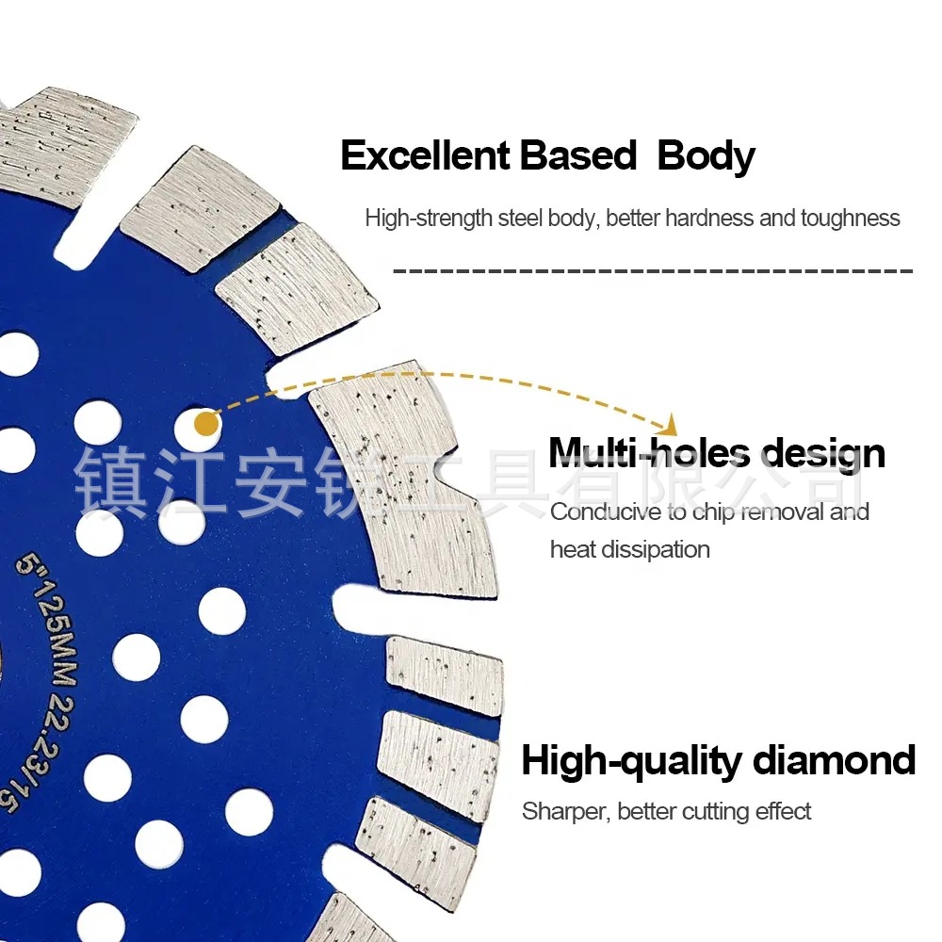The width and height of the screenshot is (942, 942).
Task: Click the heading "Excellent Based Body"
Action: (547, 155)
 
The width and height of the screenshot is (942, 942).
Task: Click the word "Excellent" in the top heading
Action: (414, 155)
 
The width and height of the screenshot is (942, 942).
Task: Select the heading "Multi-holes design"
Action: (717, 453)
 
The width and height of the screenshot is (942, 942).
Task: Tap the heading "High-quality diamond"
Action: (718, 760)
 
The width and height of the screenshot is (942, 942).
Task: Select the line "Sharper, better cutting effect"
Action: (666, 811)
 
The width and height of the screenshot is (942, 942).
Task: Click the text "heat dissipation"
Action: (629, 549)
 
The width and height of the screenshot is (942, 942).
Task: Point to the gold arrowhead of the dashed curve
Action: (670, 423)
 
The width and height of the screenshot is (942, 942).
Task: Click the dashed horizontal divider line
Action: (652, 271)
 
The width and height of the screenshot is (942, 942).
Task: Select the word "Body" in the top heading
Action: (706, 155)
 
